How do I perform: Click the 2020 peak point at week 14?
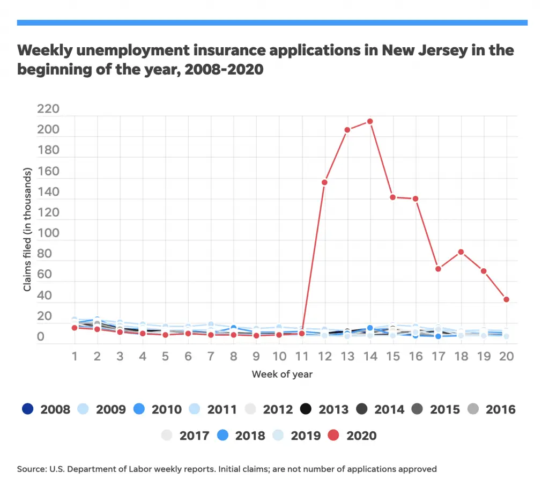370,121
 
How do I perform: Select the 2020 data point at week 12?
324,182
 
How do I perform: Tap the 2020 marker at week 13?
347,130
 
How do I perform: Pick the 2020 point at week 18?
461,252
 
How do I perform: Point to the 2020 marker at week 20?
506,299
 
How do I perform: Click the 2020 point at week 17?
438,269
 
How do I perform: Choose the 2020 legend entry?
352,435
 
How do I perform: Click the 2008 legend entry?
47,409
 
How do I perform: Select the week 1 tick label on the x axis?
75,357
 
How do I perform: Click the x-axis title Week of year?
282,374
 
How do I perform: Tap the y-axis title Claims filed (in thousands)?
27,230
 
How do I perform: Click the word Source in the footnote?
30,469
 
